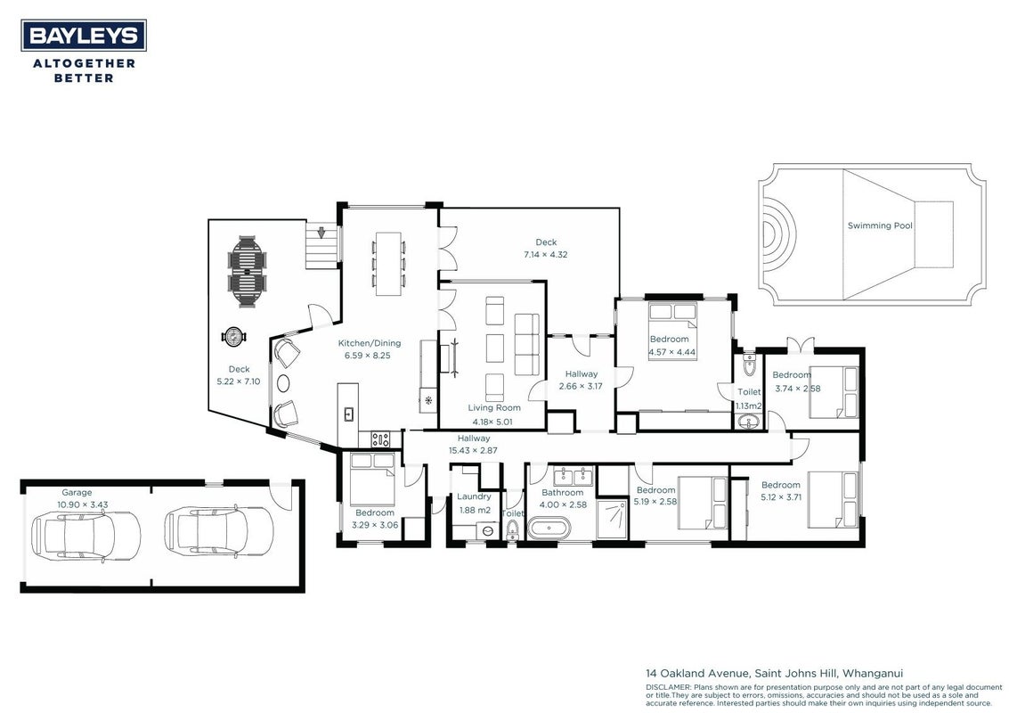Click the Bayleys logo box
point(84,36)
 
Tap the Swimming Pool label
point(880,225)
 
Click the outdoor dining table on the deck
point(247,273)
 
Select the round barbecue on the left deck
point(233,336)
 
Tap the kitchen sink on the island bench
point(349,414)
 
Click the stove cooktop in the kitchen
point(380,439)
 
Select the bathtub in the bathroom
point(549,529)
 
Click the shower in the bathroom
point(612,517)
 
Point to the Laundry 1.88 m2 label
point(475,503)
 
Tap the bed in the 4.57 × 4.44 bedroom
point(672,331)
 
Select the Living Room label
point(494,407)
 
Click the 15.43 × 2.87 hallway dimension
point(473,451)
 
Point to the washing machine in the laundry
point(488,530)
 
